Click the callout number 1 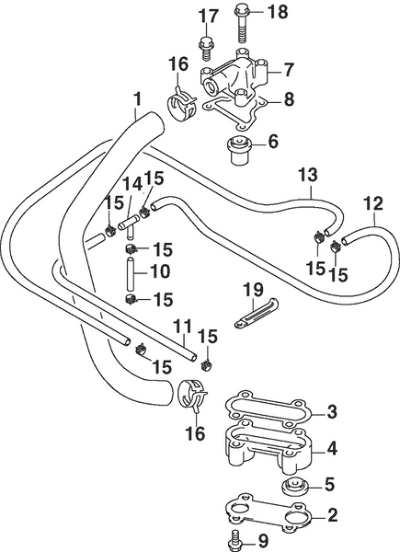point(137,98)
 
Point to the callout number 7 point(289,69)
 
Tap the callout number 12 point(371,202)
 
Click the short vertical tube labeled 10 point(131,273)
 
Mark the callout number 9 point(262,541)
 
